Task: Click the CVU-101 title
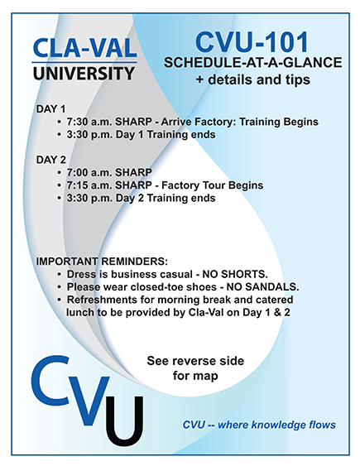point(252,42)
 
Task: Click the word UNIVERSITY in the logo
point(84,74)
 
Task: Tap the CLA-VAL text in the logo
point(84,48)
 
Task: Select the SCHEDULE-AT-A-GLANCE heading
point(252,62)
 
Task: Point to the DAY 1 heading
point(50,109)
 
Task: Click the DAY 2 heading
point(51,160)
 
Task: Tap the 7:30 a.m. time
point(89,122)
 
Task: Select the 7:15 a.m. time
point(89,185)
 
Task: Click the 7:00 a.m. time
point(89,172)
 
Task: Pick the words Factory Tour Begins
point(213,185)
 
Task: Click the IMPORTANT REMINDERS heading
point(102,262)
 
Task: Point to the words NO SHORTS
point(235,274)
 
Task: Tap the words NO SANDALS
point(262,287)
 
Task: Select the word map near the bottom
point(205,376)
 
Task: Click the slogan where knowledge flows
point(277,425)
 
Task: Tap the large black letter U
point(124,421)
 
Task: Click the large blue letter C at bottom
point(50,381)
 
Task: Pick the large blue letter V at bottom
point(89,401)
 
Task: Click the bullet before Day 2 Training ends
point(60,198)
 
